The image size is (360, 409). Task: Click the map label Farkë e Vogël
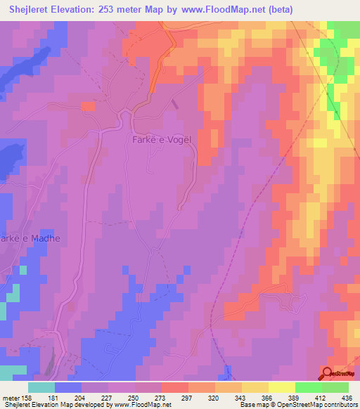pos(162,139)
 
